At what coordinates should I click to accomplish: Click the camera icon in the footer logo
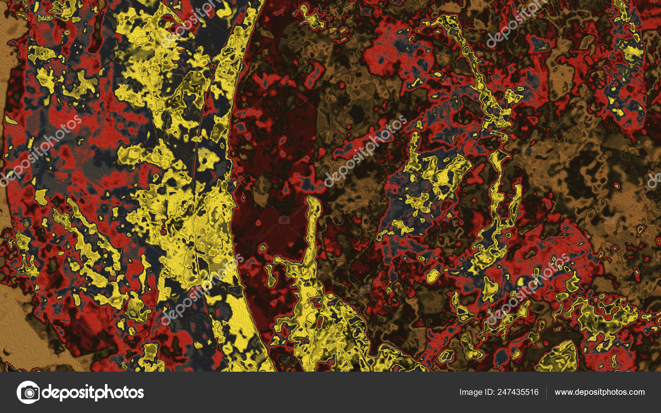point(28,392)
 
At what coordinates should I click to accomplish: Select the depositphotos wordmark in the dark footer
point(93,392)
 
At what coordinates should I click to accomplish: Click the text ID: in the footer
point(489,392)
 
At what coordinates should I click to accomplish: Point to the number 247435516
point(518,392)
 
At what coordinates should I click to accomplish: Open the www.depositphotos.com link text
point(599,392)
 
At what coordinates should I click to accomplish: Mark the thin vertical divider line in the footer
point(546,392)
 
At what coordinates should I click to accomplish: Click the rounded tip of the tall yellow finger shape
point(314,202)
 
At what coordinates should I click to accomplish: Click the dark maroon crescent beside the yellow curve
point(264,165)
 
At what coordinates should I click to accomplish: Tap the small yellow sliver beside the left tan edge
point(10,120)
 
